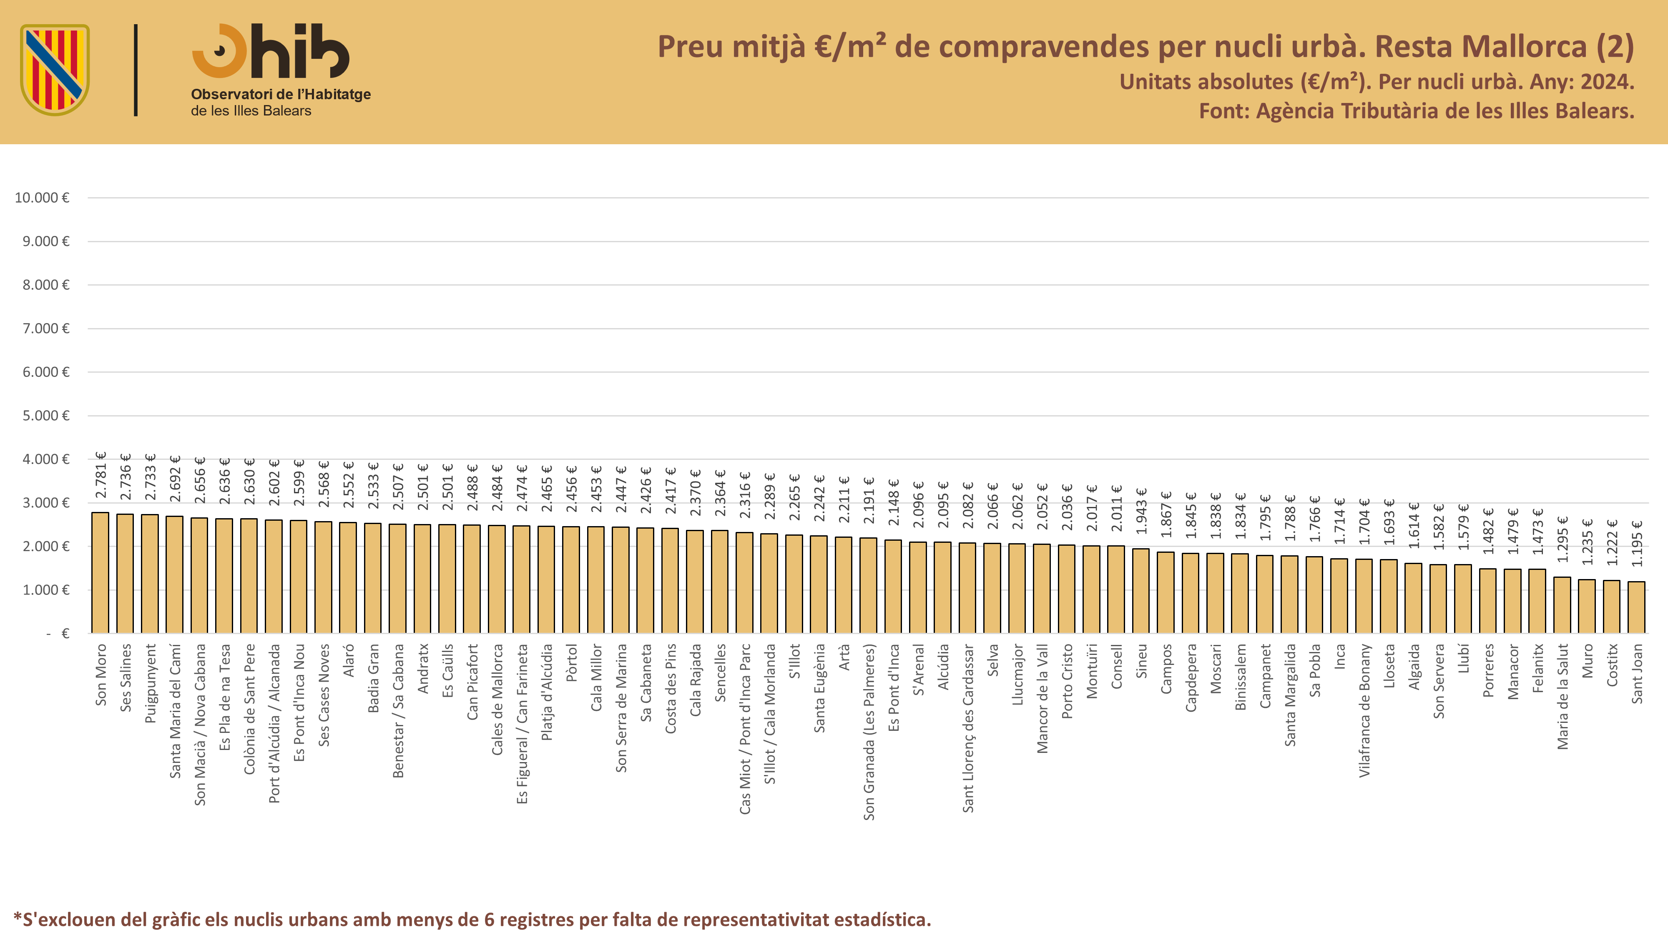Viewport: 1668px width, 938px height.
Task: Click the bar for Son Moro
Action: click(x=100, y=573)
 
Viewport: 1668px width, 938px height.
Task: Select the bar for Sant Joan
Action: click(x=1636, y=607)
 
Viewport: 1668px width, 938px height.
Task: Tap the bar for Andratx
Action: click(x=422, y=579)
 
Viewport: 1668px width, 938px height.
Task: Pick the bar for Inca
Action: click(x=1339, y=596)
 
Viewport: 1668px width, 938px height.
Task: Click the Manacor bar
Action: click(x=1512, y=601)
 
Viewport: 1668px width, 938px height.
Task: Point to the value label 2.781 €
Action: click(x=101, y=475)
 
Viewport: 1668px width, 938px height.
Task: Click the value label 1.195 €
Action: click(x=1637, y=544)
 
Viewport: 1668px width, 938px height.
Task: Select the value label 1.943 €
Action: click(x=1142, y=512)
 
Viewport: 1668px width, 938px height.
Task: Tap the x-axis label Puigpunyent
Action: click(x=150, y=683)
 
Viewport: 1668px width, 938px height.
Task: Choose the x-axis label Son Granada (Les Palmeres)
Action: click(x=869, y=732)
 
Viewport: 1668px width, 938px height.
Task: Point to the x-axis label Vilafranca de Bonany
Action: click(x=1364, y=710)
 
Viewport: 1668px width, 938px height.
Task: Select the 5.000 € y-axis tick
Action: click(x=46, y=416)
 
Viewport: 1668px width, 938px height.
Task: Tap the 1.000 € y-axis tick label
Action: click(x=46, y=590)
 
